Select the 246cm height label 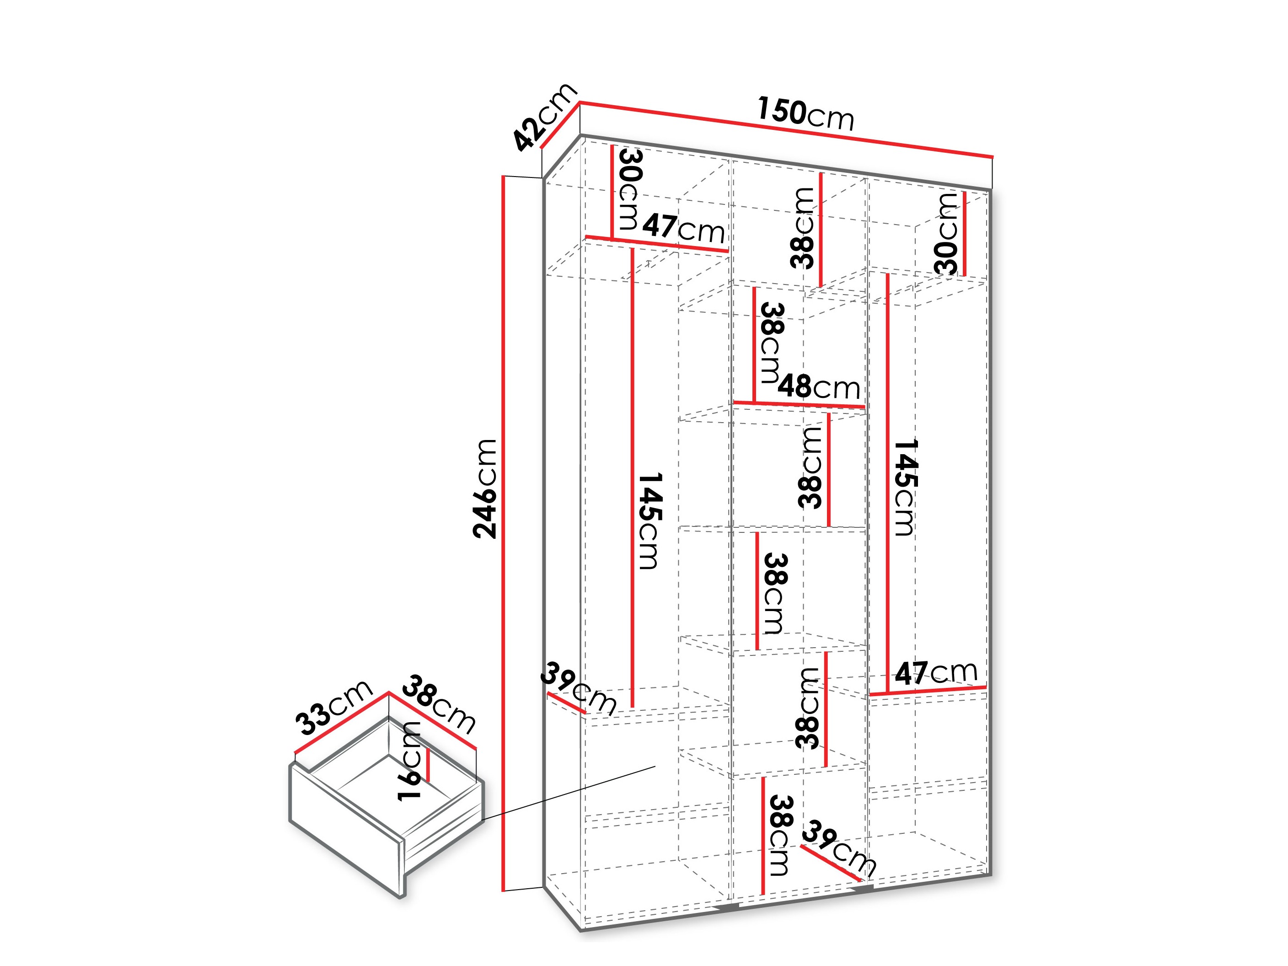coord(485,488)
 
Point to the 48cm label coord(818,386)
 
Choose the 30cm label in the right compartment coord(947,233)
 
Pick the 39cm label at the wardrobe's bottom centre coord(838,848)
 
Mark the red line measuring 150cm coord(786,130)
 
